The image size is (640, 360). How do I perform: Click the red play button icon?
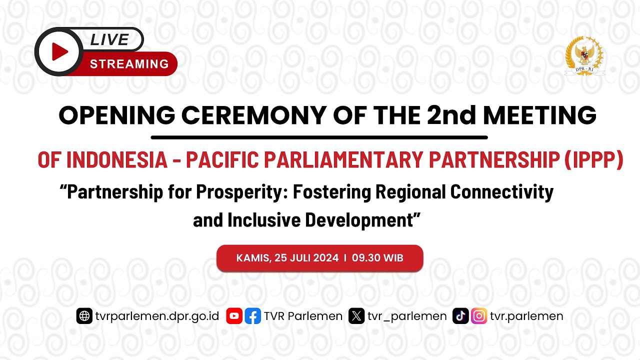[x=59, y=51]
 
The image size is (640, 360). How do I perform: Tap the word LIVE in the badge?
[x=109, y=39]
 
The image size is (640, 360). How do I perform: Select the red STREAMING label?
[x=129, y=64]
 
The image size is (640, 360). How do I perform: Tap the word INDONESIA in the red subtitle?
[x=116, y=160]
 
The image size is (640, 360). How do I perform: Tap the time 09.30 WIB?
[x=377, y=258]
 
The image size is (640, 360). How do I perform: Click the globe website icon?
[x=84, y=316]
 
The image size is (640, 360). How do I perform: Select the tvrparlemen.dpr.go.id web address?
[x=157, y=316]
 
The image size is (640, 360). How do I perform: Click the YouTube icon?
[x=234, y=316]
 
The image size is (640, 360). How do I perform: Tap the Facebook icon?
[x=253, y=316]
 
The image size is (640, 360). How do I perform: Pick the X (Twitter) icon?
[x=356, y=316]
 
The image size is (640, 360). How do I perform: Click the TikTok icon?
[x=460, y=316]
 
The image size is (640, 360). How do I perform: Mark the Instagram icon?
[x=479, y=316]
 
